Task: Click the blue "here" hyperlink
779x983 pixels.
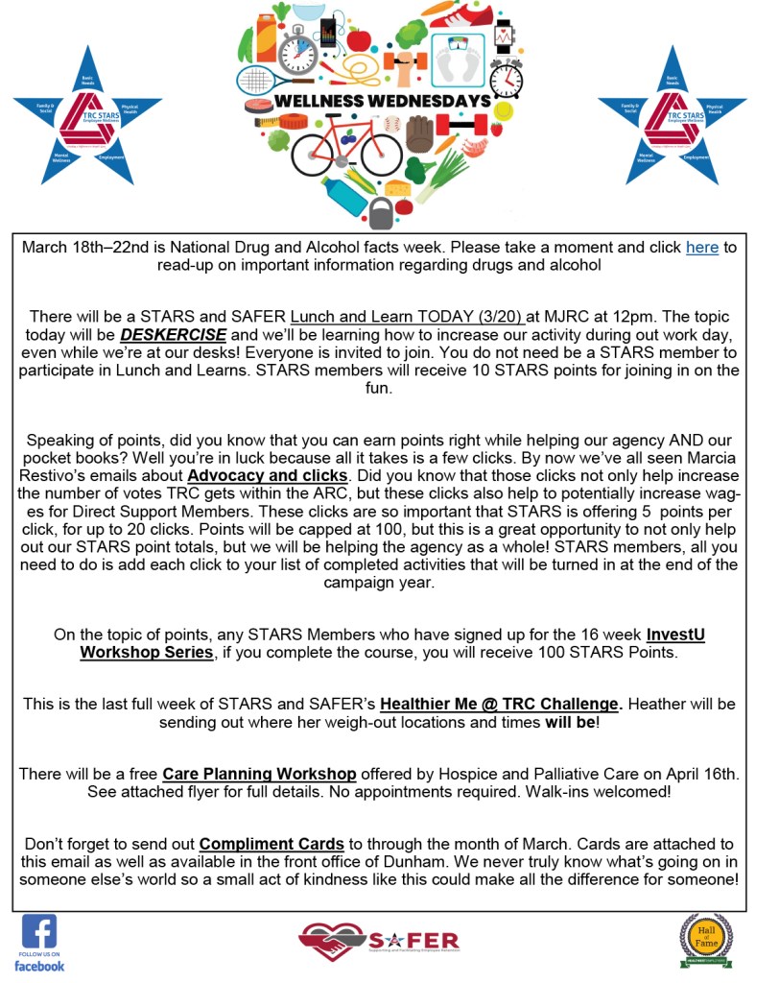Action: pyautogui.click(x=701, y=248)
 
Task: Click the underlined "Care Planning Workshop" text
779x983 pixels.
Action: pyautogui.click(x=259, y=775)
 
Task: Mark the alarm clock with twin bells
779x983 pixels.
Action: pyautogui.click(x=511, y=76)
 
